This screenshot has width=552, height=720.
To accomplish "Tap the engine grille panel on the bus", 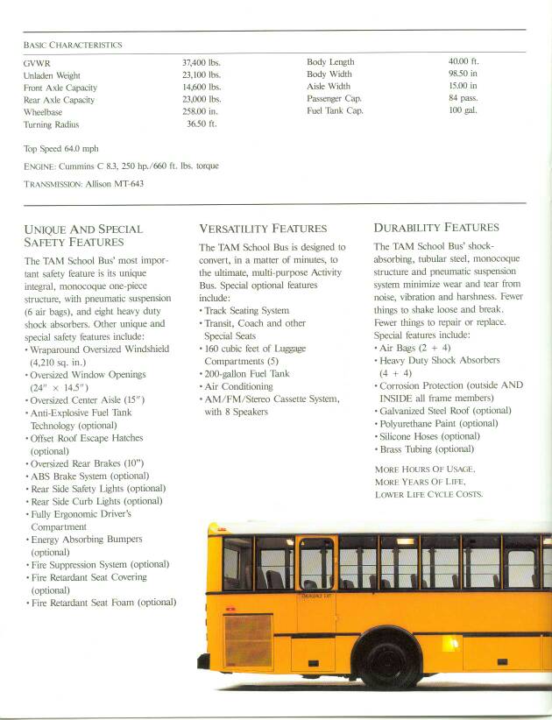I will [248, 639].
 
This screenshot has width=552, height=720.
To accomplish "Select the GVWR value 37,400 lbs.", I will [202, 63].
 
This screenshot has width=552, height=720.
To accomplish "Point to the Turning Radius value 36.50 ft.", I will [202, 124].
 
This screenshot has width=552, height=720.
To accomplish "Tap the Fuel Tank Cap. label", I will [335, 111].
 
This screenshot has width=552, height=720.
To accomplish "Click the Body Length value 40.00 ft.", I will [464, 62].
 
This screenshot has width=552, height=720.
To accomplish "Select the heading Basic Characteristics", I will [73, 44].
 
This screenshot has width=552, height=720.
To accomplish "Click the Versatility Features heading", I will [263, 229].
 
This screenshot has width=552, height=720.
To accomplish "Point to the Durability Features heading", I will [436, 228].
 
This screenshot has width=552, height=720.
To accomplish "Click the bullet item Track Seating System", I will [248, 311].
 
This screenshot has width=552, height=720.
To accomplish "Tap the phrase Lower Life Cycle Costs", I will [428, 494].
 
